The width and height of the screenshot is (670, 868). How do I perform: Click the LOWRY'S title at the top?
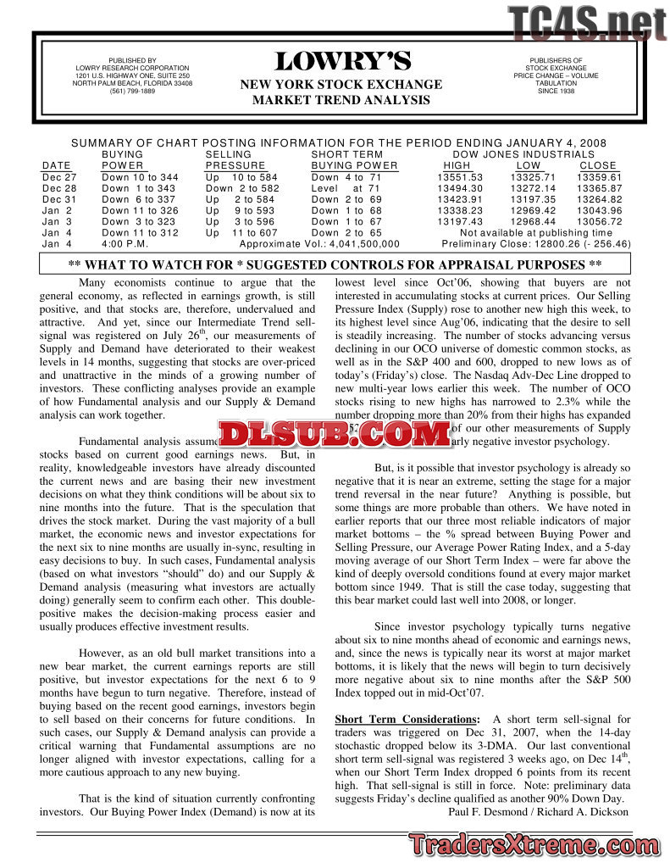(342, 62)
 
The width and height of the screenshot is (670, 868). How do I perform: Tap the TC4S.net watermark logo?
(588, 23)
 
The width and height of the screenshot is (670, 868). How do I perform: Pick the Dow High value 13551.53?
(459, 177)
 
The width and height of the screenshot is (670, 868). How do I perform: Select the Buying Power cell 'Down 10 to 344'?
(139, 177)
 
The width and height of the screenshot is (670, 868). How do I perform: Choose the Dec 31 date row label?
(59, 199)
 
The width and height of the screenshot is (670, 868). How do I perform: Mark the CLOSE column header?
(598, 165)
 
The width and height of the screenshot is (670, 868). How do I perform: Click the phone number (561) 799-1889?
(132, 92)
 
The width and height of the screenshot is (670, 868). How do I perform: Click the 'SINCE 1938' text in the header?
(556, 92)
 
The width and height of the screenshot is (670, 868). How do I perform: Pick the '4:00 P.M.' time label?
(125, 243)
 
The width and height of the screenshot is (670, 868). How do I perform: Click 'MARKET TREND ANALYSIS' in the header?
(341, 100)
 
